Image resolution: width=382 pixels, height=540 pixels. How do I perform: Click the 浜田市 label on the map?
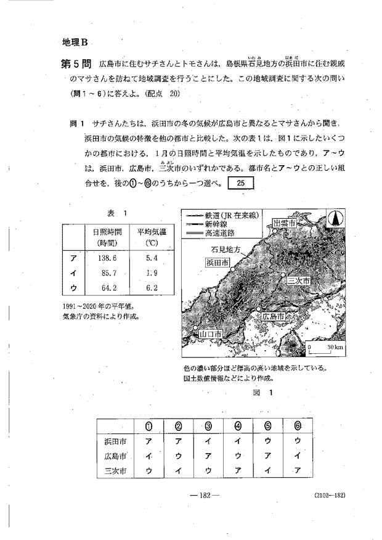point(218,263)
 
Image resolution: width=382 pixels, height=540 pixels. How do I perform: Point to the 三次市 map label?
point(299,280)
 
